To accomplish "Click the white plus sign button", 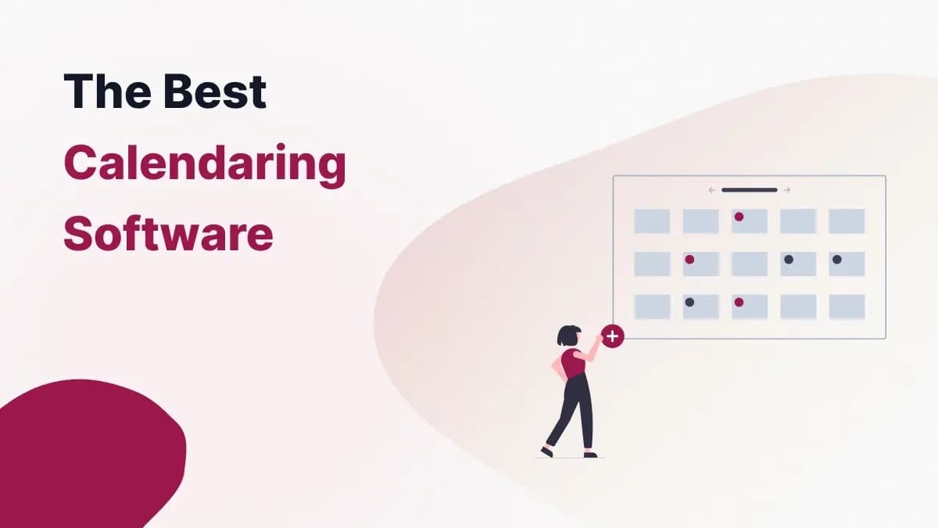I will (613, 336).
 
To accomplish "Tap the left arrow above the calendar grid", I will (712, 190).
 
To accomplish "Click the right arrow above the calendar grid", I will (786, 190).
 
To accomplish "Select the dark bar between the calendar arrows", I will (749, 190).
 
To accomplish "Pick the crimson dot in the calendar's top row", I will (739, 217).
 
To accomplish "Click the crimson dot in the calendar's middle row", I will (689, 260).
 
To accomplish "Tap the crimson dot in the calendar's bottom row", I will (739, 302).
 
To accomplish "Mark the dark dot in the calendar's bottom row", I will (689, 302).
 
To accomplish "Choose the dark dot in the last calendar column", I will (836, 260).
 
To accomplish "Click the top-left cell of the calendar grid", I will (652, 221).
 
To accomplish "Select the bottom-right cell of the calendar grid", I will (847, 307).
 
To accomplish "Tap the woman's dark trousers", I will (574, 407).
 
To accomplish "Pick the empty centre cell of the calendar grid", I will (750, 264).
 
